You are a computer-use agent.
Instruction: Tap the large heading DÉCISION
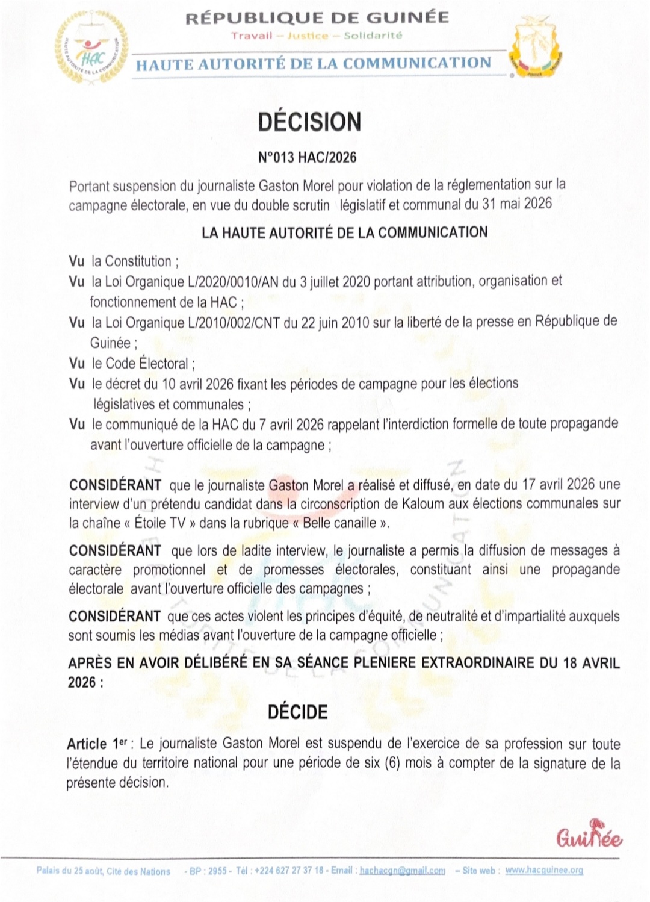coord(309,122)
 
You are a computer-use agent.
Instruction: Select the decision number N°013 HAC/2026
coord(307,158)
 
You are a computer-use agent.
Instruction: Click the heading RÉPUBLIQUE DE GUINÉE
coord(317,17)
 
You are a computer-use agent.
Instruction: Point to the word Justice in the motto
coord(308,36)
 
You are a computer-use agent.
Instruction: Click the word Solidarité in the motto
coord(373,36)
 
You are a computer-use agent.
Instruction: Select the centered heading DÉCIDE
coord(297,712)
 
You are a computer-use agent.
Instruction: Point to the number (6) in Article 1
coord(392,764)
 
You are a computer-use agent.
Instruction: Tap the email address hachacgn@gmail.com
coord(402,871)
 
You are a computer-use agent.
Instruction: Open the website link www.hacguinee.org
coord(544,871)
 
